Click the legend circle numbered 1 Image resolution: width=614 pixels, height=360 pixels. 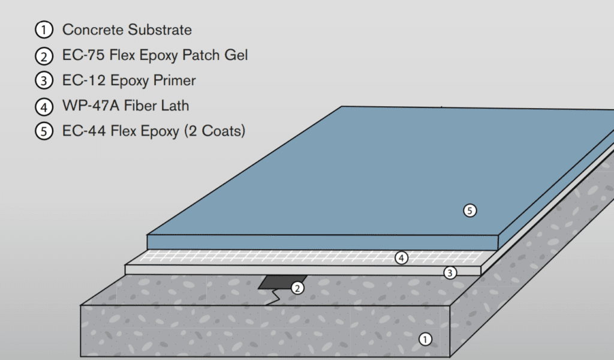click(x=45, y=29)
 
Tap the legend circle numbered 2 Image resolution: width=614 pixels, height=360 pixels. click(x=45, y=56)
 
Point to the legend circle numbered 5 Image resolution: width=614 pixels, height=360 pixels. click(x=45, y=132)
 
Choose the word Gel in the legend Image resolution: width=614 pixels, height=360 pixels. click(x=235, y=56)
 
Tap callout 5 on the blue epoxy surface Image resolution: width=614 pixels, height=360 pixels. click(x=470, y=210)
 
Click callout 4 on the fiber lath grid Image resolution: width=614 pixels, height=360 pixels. click(x=401, y=258)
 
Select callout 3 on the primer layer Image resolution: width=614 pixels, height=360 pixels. click(x=450, y=273)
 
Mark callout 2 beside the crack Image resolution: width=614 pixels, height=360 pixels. click(x=297, y=288)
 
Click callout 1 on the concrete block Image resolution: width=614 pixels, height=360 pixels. click(x=425, y=339)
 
